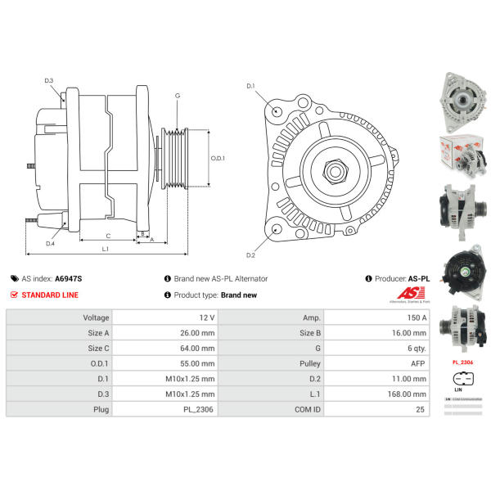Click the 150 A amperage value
417,318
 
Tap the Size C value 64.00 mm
199,348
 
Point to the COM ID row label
309,409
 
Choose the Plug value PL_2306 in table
200,409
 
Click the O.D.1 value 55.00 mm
199,363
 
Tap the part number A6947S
68,278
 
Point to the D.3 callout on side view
48,80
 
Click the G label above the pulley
178,97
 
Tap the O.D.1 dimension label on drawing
218,158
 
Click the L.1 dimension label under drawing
106,249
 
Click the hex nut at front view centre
336,171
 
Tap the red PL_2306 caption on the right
462,361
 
